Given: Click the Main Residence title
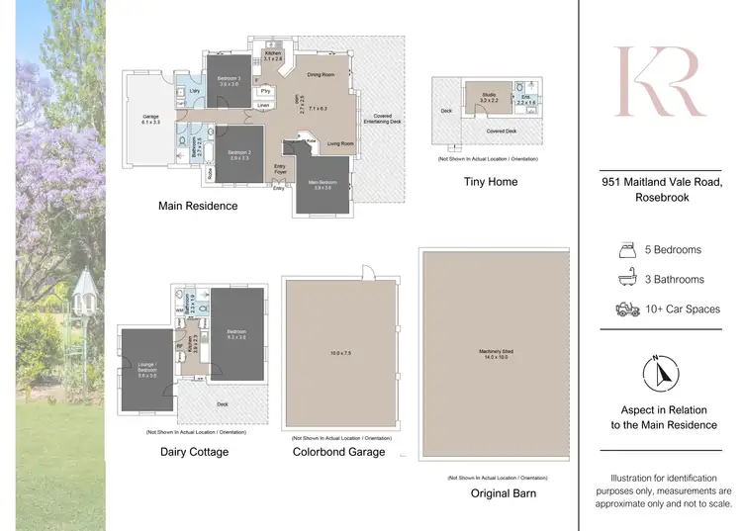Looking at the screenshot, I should [198, 206].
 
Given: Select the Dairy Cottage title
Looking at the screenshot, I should [194, 452].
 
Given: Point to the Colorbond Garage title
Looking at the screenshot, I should [339, 452].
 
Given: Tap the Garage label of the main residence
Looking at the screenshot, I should [150, 119].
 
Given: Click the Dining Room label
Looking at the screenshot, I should [321, 74].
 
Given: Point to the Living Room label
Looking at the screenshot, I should [341, 143].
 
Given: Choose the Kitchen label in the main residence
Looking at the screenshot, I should [273, 56].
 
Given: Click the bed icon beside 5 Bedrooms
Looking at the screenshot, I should [625, 249].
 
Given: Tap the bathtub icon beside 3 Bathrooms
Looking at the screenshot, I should [625, 279].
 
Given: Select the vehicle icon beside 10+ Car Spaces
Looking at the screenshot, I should [625, 310].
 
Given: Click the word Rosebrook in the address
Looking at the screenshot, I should [663, 197].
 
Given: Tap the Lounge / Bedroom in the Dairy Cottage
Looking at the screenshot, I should [147, 371].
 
